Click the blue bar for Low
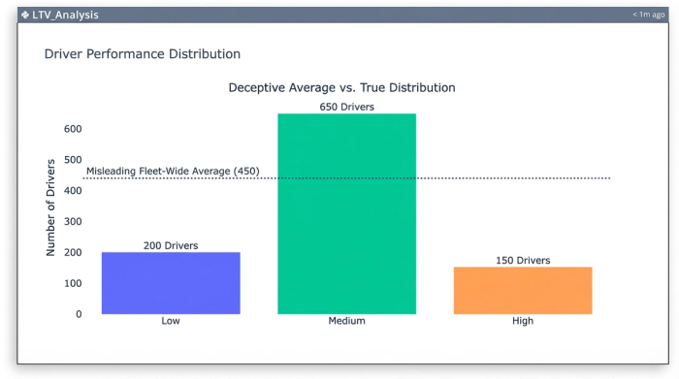pos(171,282)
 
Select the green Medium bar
pos(346,213)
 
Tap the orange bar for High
pos(523,290)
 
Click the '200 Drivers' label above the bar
pos(171,245)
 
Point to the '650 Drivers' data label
pos(346,107)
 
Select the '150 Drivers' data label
pos(523,260)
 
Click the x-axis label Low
pos(171,321)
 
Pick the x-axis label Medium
pos(346,321)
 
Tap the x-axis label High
pos(523,321)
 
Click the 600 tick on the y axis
pos(72,129)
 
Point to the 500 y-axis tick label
pos(72,160)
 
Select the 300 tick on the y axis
pos(72,222)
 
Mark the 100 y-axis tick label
pos(72,283)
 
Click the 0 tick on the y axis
pos(78,314)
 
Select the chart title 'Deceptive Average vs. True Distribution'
pos(341,87)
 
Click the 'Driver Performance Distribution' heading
pos(143,54)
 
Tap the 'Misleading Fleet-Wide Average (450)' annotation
pos(173,172)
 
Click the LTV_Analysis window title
pos(65,15)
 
